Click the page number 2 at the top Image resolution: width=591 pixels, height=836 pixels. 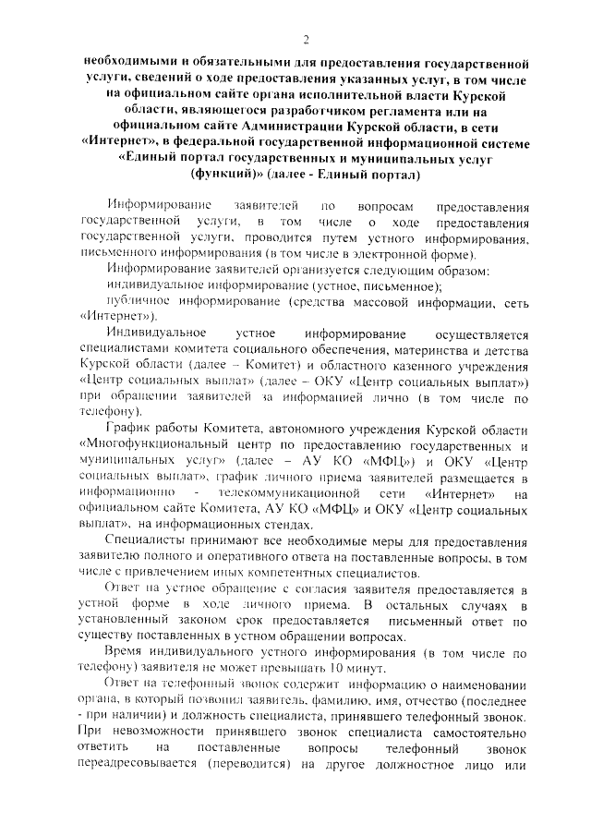[305, 39]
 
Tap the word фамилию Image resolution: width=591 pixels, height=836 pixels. [345, 703]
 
